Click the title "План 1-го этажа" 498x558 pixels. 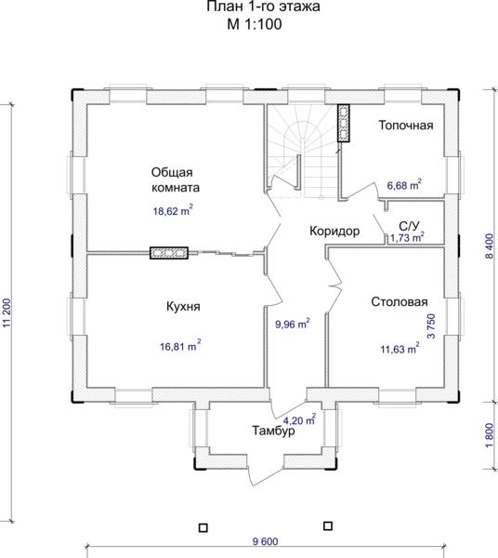coord(263,7)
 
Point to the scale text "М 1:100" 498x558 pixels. coord(255,24)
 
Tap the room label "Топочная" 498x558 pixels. coord(406,125)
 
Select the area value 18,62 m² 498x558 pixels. coord(173,210)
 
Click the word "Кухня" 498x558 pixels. coord(183,306)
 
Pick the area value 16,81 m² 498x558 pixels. coord(180,346)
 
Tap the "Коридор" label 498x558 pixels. coord(334,232)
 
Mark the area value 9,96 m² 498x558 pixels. coord(293,324)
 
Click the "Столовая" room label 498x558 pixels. coord(400,301)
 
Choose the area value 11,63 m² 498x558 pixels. coord(400,349)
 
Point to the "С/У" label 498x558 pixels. coord(410,226)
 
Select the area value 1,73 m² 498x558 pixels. coord(407,237)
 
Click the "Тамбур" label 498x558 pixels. coord(273,431)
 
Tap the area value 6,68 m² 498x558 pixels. coord(404,185)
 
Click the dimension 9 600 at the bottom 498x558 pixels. coord(265,541)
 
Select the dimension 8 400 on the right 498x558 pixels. coord(490,246)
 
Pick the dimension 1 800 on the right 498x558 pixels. coord(490,435)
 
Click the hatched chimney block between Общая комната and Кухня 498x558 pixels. coord(169,253)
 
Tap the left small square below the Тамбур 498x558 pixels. coord(203,527)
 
